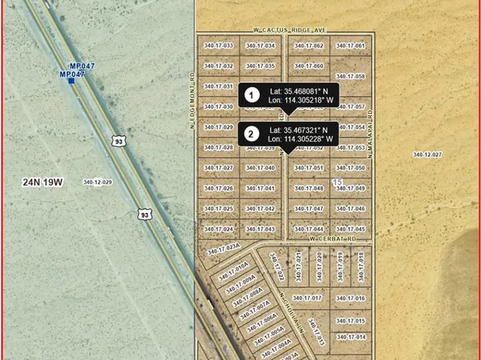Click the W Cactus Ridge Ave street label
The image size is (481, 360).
(x=281, y=29)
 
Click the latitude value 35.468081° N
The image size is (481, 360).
(x=299, y=90)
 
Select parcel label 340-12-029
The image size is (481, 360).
(x=97, y=182)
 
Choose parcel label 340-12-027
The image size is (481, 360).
(x=428, y=153)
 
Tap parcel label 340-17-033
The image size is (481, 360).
(x=218, y=46)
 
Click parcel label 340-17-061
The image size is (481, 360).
(x=350, y=46)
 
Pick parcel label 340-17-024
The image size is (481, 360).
(x=218, y=229)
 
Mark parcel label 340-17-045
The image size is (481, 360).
(x=350, y=229)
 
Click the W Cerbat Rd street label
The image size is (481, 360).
(x=333, y=239)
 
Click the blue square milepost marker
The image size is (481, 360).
(x=71, y=80)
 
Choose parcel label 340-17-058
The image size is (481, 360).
(x=350, y=77)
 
